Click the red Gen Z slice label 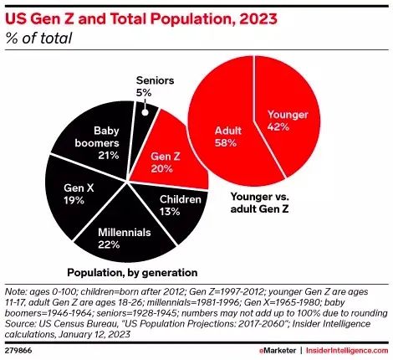tap(166, 162)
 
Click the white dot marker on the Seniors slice tap(145, 112)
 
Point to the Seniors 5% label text tap(155, 86)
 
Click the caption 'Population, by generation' tap(132, 273)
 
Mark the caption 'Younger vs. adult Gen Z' tap(260, 203)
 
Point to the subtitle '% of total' tap(38, 39)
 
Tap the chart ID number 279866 tap(18, 351)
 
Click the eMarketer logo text tap(278, 351)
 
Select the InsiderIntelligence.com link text tap(347, 351)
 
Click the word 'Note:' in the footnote tap(16, 292)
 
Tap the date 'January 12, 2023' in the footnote tap(94, 335)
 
